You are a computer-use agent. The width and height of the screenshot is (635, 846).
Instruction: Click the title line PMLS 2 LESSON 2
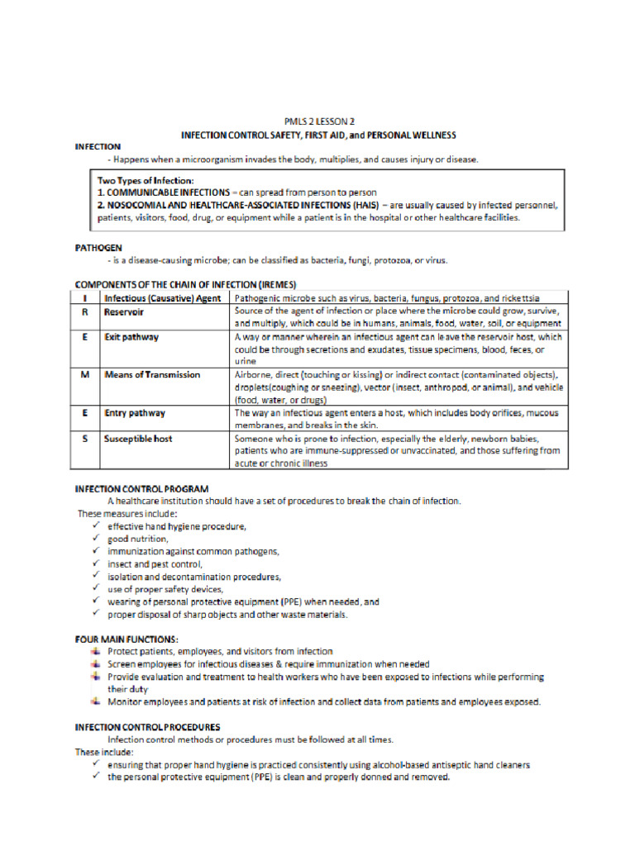pyautogui.click(x=318, y=121)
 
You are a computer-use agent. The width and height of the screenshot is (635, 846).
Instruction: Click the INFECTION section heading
pyautogui.click(x=98, y=146)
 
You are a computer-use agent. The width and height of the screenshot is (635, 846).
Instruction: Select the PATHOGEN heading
pyautogui.click(x=98, y=246)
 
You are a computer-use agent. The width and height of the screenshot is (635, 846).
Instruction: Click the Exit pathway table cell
pyautogui.click(x=131, y=338)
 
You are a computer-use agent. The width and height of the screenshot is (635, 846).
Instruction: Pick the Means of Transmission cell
pyautogui.click(x=152, y=374)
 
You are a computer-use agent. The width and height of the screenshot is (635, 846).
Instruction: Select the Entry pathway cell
pyautogui.click(x=135, y=412)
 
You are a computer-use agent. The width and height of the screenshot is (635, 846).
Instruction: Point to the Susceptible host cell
pyautogui.click(x=138, y=439)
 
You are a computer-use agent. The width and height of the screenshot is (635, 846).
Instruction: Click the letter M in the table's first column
pyautogui.click(x=87, y=374)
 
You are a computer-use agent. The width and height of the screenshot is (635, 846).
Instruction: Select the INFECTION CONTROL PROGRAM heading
pyautogui.click(x=141, y=489)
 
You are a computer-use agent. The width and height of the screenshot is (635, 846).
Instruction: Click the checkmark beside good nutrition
pyautogui.click(x=97, y=538)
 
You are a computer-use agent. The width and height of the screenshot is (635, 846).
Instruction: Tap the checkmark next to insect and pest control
pyautogui.click(x=97, y=563)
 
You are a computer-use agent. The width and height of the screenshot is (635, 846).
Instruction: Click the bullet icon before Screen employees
pyautogui.click(x=97, y=664)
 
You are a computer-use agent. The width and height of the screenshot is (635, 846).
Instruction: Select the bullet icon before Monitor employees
pyautogui.click(x=97, y=702)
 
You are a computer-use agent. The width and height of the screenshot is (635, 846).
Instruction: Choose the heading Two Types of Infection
pyautogui.click(x=146, y=180)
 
